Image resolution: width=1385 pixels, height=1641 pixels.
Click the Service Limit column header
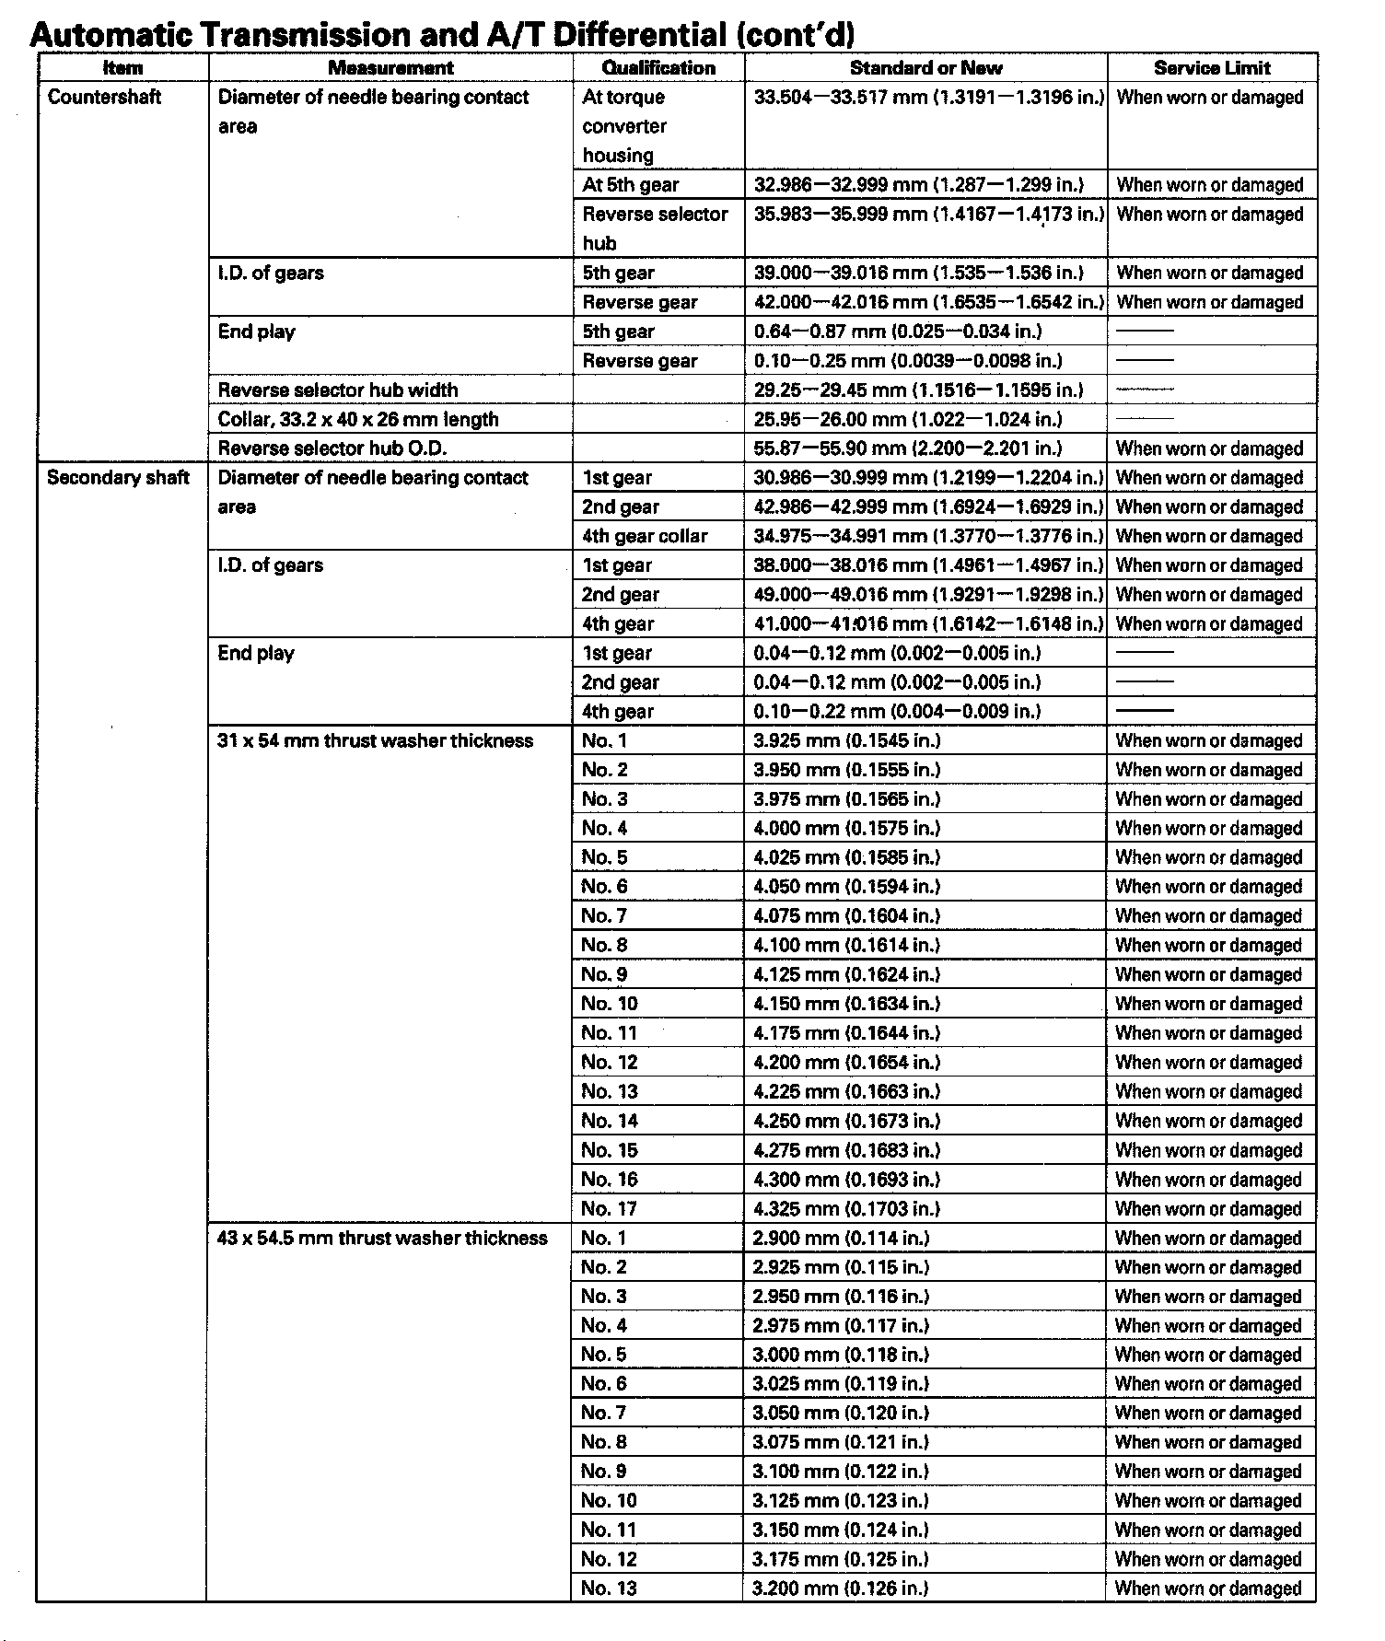point(1212,68)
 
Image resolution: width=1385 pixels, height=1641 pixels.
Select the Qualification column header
point(658,68)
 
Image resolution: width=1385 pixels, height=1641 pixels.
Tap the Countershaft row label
point(104,98)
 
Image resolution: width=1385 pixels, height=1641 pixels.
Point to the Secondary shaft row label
point(118,478)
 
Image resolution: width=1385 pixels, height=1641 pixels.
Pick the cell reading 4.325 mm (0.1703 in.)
point(847,1209)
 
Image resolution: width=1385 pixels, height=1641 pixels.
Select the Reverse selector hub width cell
point(338,390)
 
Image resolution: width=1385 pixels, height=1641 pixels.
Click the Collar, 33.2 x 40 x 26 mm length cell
point(358,420)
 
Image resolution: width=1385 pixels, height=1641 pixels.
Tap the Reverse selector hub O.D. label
point(332,449)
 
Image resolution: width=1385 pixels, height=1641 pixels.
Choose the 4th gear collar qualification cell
point(645,537)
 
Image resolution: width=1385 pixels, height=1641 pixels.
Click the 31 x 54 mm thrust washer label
point(376,741)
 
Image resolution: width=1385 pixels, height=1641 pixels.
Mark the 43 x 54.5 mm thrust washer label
point(382,1239)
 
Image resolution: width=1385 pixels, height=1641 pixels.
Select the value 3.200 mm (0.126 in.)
point(841,1589)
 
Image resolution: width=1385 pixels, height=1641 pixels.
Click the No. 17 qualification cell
point(609,1209)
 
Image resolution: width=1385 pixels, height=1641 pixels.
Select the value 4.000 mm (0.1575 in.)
point(847,829)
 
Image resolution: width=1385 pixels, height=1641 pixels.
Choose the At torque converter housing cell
point(625,126)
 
